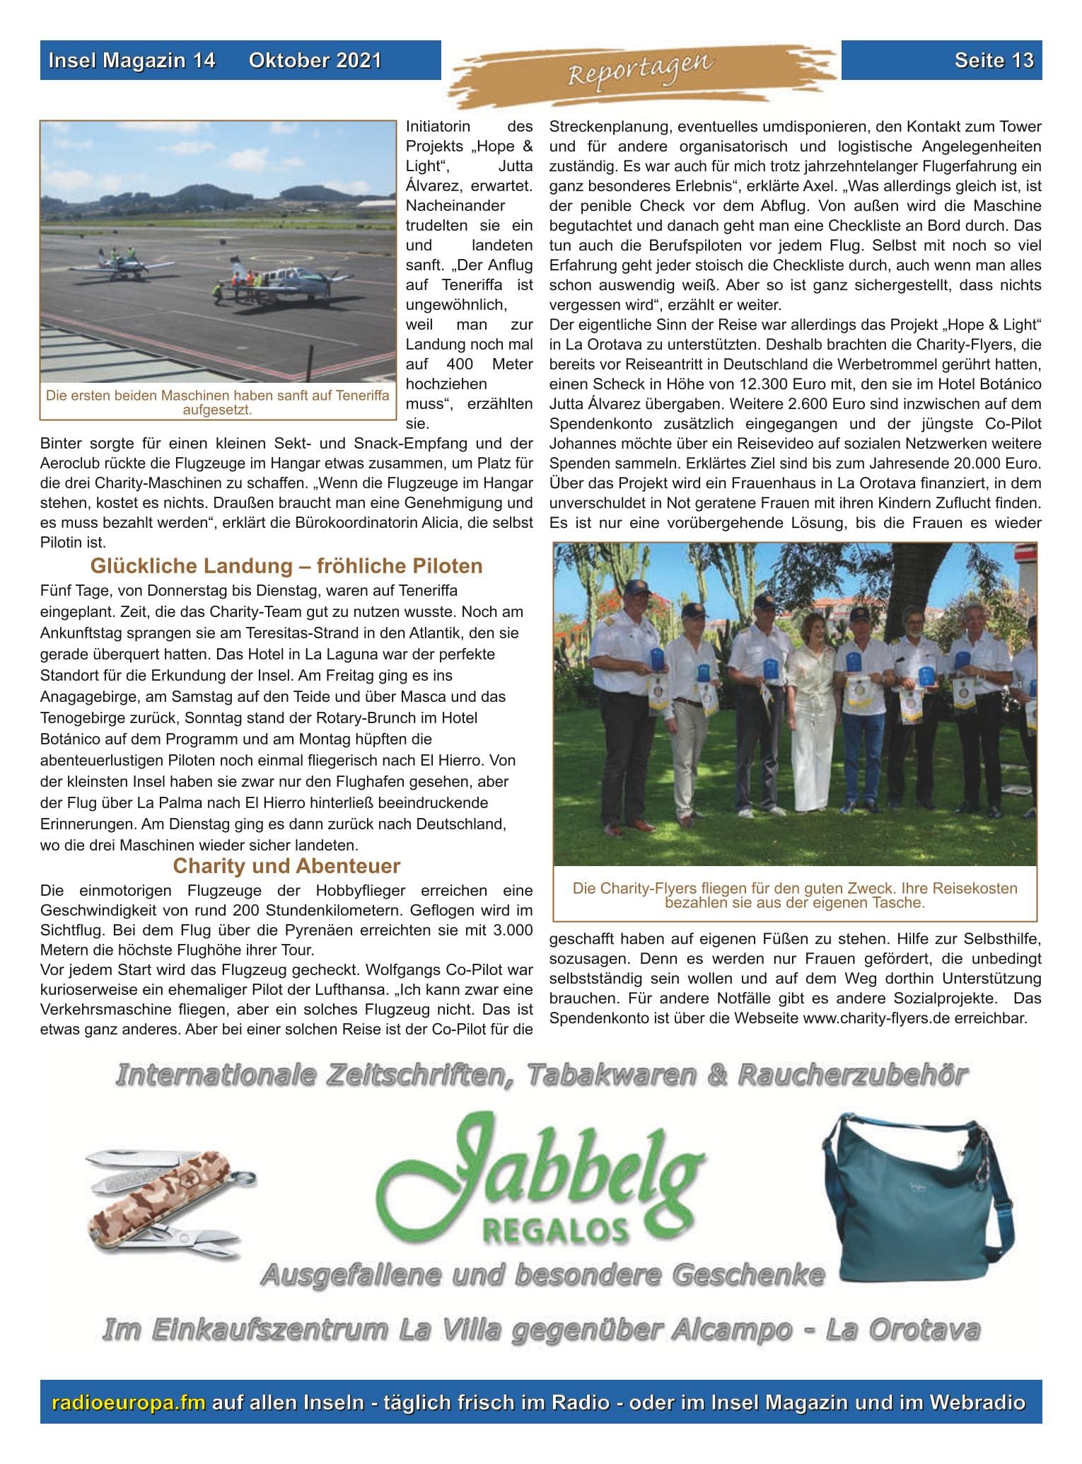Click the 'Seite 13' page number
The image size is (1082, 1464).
[x=994, y=60]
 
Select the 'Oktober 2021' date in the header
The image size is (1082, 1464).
[x=315, y=60]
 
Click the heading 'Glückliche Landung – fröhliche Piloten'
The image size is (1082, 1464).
[x=286, y=566]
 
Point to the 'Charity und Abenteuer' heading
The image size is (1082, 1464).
[x=286, y=866]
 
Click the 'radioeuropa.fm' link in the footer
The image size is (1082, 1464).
[x=129, y=1402]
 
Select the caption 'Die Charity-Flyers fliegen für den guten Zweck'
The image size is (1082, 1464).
[x=795, y=895]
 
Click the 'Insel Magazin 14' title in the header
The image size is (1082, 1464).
[x=132, y=60]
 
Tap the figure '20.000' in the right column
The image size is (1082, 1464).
[x=965, y=465]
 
